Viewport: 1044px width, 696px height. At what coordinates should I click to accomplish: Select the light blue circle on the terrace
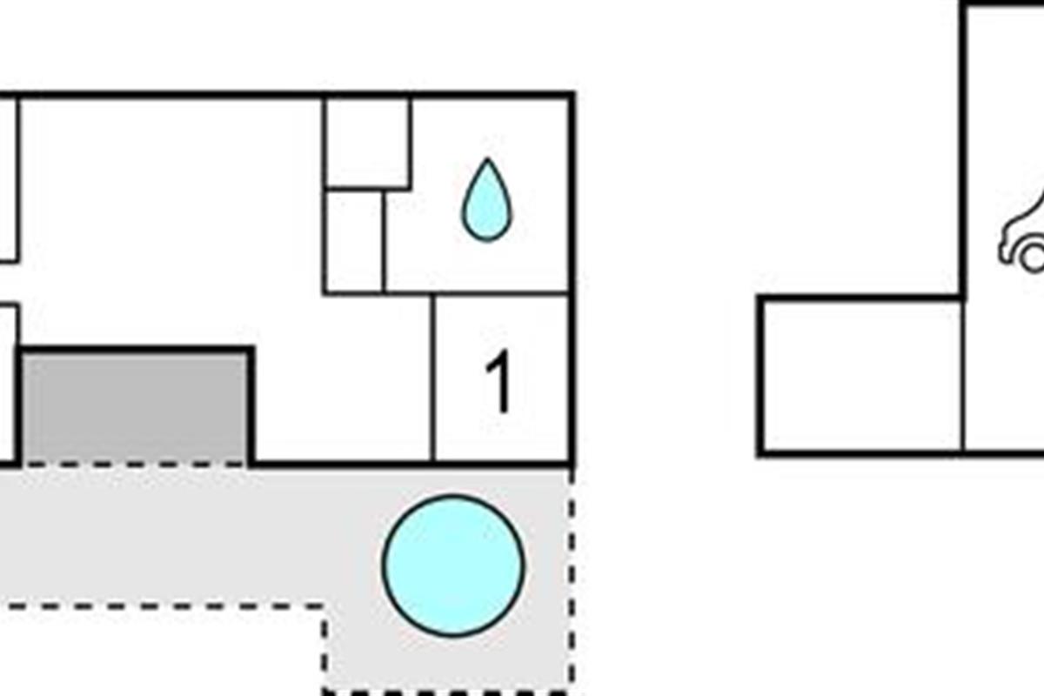coord(453,565)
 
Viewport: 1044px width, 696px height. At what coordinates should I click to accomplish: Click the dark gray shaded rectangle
coord(135,407)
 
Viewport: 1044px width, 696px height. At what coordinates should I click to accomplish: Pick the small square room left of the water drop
coord(367,142)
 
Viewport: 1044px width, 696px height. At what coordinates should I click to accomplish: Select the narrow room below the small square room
coord(354,241)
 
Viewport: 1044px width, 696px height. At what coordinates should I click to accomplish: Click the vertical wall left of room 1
coord(432,378)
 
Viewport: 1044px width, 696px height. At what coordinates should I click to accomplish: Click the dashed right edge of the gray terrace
coord(572,574)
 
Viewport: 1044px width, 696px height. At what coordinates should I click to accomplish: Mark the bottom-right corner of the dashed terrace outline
coord(571,692)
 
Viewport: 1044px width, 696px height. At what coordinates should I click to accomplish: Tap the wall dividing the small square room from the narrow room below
coord(367,187)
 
